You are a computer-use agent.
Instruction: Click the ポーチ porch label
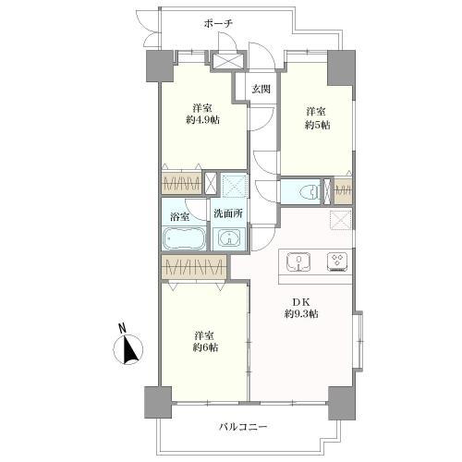[x=217, y=24]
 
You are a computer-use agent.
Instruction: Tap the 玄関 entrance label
[x=261, y=89]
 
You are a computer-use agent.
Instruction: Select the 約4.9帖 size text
[x=202, y=120]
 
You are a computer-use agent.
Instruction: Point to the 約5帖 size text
[x=318, y=125]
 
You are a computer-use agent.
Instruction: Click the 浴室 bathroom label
[x=179, y=216]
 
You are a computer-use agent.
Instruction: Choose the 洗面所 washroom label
[x=228, y=213]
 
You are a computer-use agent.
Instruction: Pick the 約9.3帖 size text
[x=301, y=314]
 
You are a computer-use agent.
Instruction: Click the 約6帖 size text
[x=205, y=347]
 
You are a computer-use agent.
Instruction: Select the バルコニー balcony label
[x=243, y=427]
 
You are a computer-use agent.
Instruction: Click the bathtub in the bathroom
[x=184, y=238]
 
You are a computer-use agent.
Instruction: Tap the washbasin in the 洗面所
[x=228, y=238]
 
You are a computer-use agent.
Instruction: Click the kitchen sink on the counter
[x=298, y=262]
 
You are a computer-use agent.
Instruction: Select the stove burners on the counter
[x=338, y=262]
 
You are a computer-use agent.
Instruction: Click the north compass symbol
[x=128, y=349]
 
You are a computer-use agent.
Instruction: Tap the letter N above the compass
[x=123, y=328]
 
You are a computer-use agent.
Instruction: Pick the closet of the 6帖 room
[x=194, y=266]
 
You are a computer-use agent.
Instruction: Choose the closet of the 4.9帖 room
[x=182, y=184]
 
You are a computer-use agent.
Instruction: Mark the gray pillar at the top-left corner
[x=159, y=67]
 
